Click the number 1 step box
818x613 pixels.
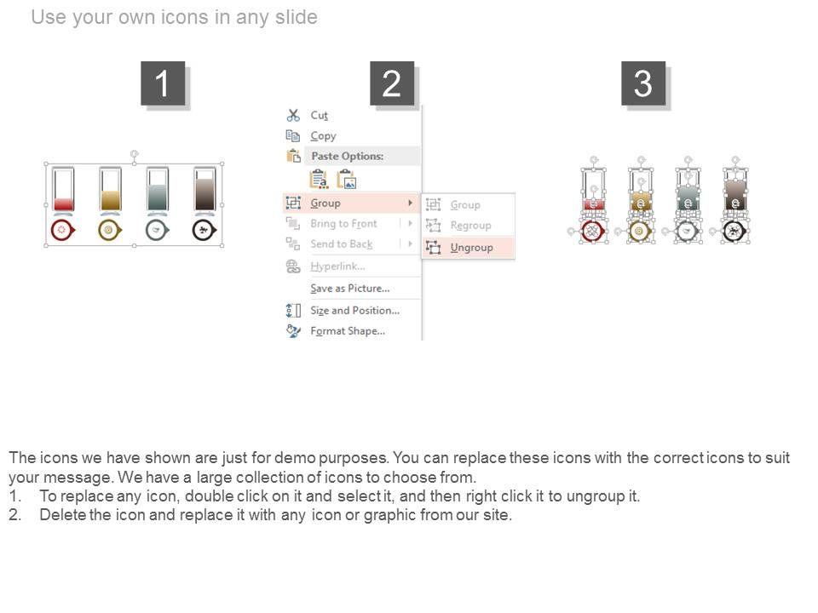[163, 83]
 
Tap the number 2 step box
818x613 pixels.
[392, 83]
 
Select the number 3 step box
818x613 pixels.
[642, 83]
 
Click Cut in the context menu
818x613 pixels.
[319, 115]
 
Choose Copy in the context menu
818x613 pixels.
[323, 136]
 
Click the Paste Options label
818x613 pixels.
[348, 156]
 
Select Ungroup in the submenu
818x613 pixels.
[471, 247]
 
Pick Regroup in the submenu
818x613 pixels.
[470, 225]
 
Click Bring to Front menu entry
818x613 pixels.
[343, 224]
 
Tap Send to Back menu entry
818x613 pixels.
[341, 244]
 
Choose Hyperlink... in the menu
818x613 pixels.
[337, 266]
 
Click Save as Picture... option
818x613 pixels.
[350, 289]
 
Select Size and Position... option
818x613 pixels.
[354, 310]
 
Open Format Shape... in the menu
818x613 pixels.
[348, 331]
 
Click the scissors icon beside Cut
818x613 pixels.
[293, 115]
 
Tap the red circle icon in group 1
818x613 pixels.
[62, 230]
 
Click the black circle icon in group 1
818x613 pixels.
[204, 230]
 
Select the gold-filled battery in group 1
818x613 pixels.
[110, 191]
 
